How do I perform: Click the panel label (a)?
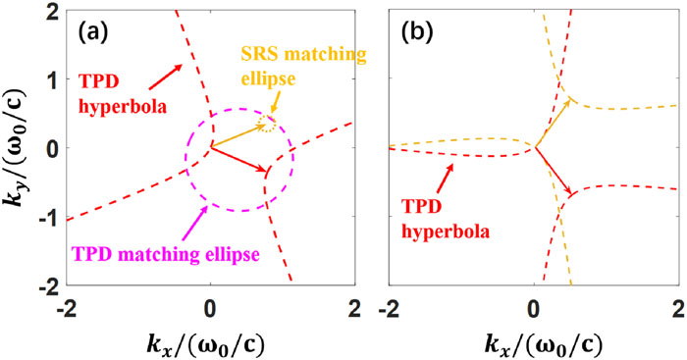coord(93,33)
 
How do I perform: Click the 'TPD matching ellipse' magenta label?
coord(166,253)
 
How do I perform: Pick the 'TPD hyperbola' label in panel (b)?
coord(446,220)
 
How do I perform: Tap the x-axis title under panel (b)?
coord(544,346)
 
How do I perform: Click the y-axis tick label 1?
coord(52,78)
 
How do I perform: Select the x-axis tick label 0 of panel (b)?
coord(534,308)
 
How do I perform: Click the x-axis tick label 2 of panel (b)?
coord(679,308)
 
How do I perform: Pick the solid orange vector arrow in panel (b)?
coord(552,124)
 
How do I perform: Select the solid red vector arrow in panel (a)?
coord(239,159)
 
